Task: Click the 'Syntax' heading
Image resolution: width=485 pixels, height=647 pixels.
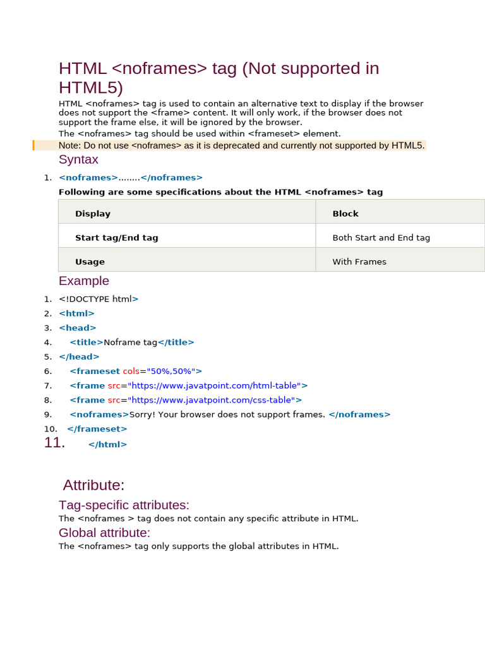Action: [x=78, y=160]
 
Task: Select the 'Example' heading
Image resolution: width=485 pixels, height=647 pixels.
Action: [x=84, y=281]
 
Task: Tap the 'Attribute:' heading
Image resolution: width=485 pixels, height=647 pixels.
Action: [x=94, y=485]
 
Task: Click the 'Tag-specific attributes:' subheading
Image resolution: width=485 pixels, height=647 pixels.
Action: [x=124, y=505]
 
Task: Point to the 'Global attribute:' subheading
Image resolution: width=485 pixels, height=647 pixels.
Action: [x=104, y=533]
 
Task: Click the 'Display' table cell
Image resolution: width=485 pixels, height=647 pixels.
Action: [x=93, y=214]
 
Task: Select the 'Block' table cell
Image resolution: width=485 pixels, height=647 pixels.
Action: [x=345, y=214]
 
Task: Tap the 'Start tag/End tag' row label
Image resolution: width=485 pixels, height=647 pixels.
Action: [x=117, y=238]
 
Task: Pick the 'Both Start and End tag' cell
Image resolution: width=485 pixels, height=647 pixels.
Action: [x=381, y=238]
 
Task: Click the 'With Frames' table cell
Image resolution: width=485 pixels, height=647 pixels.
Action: [x=359, y=262]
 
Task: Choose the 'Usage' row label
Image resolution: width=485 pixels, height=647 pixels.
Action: [x=90, y=262]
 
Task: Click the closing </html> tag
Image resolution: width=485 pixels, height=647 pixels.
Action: [x=107, y=444]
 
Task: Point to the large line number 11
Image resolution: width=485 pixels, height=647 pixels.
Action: [x=54, y=443]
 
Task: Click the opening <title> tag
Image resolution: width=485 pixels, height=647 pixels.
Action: [x=87, y=342]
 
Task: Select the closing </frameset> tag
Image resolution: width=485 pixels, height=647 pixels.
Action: [x=97, y=429]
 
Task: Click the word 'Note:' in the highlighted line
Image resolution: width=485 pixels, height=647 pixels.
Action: [x=69, y=145]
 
